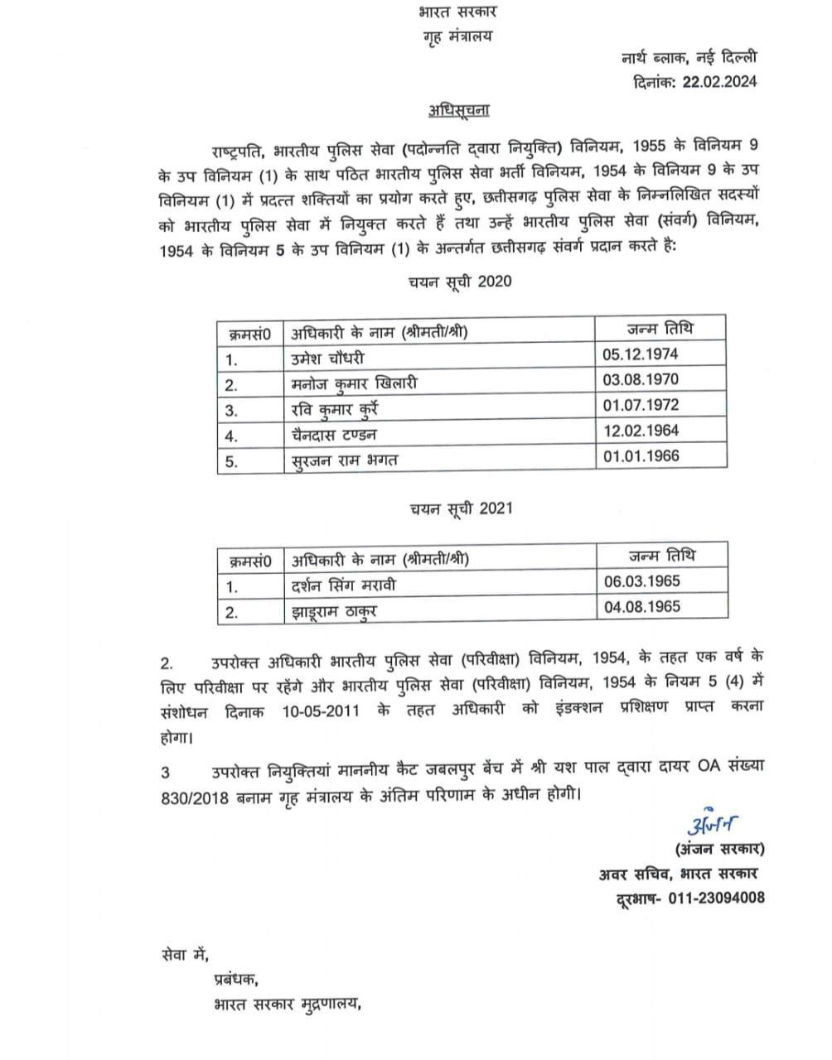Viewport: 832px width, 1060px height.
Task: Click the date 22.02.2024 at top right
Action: [x=719, y=80]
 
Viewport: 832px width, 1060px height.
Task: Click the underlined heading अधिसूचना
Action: [x=459, y=111]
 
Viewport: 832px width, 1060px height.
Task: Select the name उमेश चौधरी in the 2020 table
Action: [x=327, y=358]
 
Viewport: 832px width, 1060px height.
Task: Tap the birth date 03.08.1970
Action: [x=641, y=379]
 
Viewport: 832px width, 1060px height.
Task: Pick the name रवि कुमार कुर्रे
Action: [x=334, y=409]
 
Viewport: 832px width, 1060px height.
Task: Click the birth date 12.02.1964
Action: [x=641, y=430]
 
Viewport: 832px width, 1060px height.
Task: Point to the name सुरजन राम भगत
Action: [x=344, y=460]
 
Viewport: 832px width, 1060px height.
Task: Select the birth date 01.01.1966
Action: [x=641, y=455]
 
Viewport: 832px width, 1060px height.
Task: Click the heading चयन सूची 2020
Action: [x=460, y=281]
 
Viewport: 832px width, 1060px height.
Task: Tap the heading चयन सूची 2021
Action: [x=460, y=508]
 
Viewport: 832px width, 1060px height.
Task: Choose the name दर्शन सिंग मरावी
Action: [x=343, y=585]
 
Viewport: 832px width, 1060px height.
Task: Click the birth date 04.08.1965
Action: [x=642, y=606]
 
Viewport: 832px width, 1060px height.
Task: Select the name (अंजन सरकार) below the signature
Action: [x=718, y=848]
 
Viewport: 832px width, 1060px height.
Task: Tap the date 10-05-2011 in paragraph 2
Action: [x=320, y=710]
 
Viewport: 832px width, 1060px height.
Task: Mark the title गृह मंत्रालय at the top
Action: [x=457, y=37]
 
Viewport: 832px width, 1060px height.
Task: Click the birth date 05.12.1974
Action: [x=641, y=354]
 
